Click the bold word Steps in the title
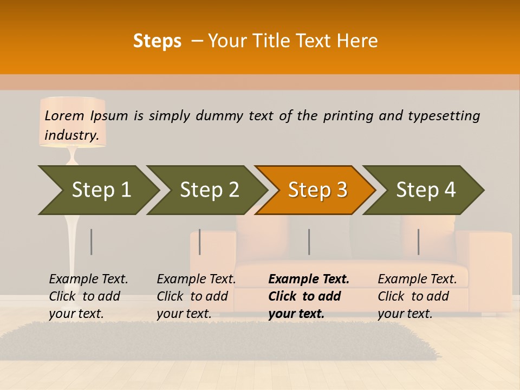click(x=157, y=41)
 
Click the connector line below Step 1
click(x=92, y=242)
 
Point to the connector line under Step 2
click(x=200, y=242)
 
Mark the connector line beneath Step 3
click(x=309, y=242)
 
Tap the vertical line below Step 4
click(x=419, y=242)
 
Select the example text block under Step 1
click(x=88, y=296)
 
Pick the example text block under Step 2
click(x=196, y=296)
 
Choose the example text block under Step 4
click(x=417, y=296)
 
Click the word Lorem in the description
click(x=64, y=116)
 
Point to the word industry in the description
click(x=71, y=135)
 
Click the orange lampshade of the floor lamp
click(x=73, y=122)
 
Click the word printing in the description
click(x=348, y=116)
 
